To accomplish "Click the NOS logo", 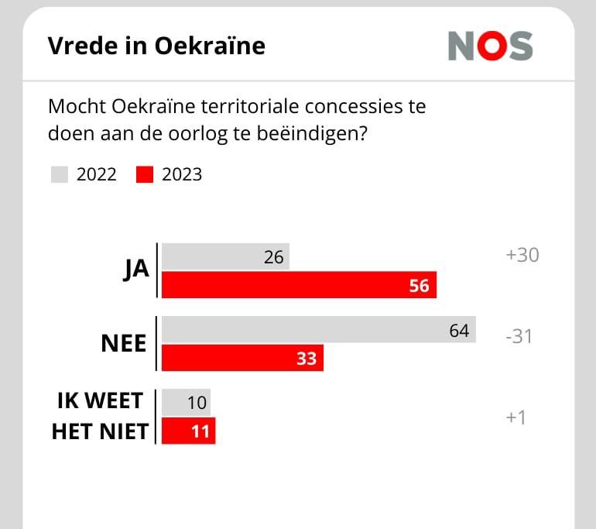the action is click(x=490, y=46).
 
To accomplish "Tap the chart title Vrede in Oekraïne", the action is click(x=156, y=46).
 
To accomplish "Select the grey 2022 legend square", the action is click(x=60, y=174).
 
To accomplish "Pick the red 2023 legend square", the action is click(x=145, y=174).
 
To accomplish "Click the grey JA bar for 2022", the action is click(x=226, y=256).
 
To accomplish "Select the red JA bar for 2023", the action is click(x=299, y=285).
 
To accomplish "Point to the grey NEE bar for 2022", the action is click(x=319, y=329).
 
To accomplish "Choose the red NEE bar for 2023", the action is click(x=242, y=358).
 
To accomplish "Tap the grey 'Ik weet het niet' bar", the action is click(x=187, y=402).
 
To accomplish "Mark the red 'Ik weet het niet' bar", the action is click(x=189, y=431).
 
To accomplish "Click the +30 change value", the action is click(x=522, y=255).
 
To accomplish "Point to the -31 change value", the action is click(x=519, y=337).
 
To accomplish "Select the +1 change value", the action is click(x=516, y=417).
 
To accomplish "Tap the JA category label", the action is click(x=136, y=270).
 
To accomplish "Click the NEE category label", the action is click(x=124, y=343).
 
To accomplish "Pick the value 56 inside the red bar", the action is click(x=419, y=286).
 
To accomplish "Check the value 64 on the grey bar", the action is click(x=459, y=331).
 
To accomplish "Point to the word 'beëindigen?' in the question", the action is click(x=312, y=134).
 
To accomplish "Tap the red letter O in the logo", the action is click(x=492, y=46).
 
